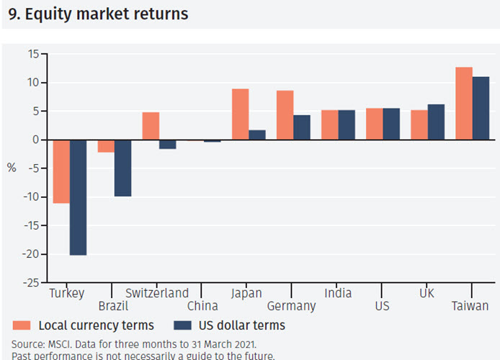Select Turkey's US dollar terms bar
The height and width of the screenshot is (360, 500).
[78, 197]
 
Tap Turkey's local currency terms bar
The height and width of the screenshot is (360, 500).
[61, 171]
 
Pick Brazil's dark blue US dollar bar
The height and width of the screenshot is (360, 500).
[122, 168]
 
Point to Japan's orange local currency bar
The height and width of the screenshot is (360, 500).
[240, 114]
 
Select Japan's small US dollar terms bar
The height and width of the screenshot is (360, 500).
[257, 135]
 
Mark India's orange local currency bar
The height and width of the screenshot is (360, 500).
[329, 125]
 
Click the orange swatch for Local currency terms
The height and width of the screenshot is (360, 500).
[22, 325]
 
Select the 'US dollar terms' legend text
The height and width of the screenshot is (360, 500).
[245, 325]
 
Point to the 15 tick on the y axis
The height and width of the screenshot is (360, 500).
[33, 54]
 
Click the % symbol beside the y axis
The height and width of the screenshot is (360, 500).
[12, 168]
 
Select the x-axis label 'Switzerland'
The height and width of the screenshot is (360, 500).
[157, 293]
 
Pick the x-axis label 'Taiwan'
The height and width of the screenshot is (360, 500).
[470, 306]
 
